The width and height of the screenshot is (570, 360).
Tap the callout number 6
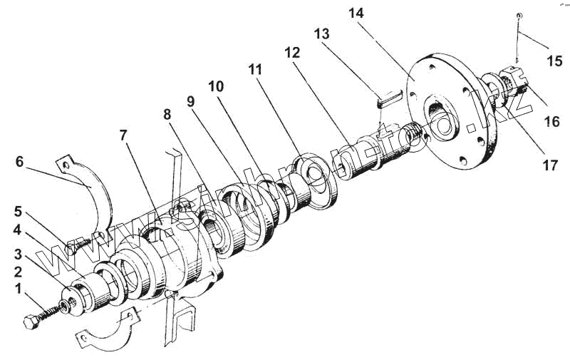pos(19,163)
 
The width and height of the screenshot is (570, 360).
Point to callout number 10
pos(215,87)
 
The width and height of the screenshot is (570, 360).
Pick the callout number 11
pos(255,70)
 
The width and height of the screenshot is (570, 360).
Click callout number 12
pos(292,53)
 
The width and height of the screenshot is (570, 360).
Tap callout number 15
pos(554,62)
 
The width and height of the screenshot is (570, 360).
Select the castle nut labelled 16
pos(517,80)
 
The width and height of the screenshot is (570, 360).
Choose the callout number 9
pos(191,101)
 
